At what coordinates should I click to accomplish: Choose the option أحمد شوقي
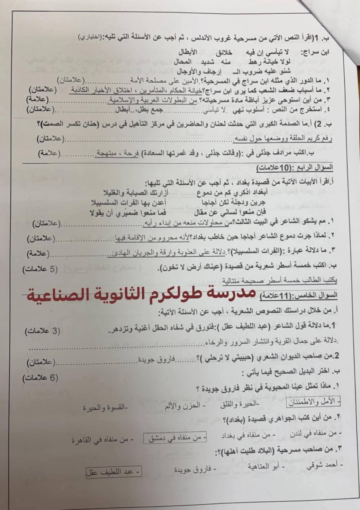[324, 466]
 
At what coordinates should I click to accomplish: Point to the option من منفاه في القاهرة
[100, 440]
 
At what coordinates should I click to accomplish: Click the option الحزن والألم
[185, 406]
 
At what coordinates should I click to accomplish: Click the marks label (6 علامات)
[41, 378]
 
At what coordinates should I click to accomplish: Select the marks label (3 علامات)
[42, 331]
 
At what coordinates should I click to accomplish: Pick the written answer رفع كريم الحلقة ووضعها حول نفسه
[282, 139]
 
